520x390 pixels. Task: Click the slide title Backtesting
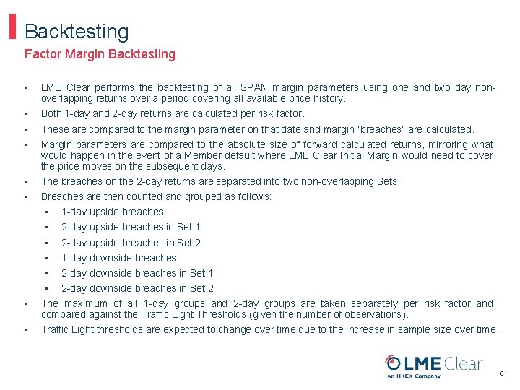pyautogui.click(x=77, y=32)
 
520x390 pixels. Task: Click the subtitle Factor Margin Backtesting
pyautogui.click(x=100, y=54)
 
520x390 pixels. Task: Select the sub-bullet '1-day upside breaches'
pyautogui.click(x=112, y=212)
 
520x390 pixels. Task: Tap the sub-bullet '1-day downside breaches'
pyautogui.click(x=118, y=258)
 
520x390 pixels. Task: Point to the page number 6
pyautogui.click(x=502, y=373)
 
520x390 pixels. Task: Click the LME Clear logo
pyautogui.click(x=433, y=363)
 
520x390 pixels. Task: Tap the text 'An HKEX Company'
pyautogui.click(x=413, y=376)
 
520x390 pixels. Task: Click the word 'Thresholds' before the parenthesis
pyautogui.click(x=218, y=314)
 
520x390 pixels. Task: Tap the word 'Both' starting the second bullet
pyautogui.click(x=51, y=113)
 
